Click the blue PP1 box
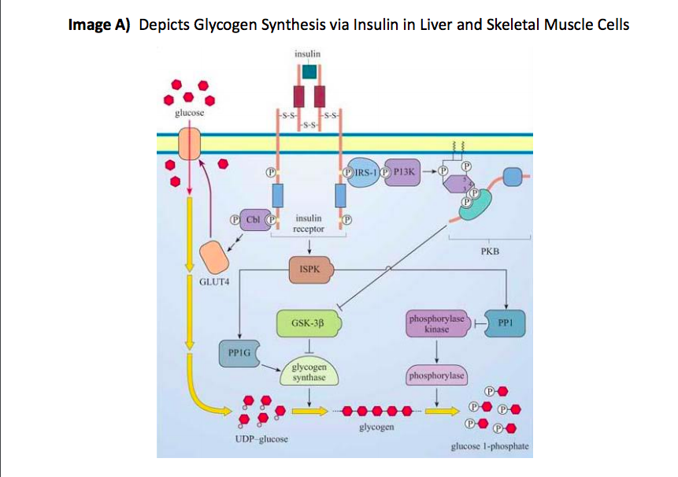coord(505,322)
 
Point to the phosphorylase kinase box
coord(436,323)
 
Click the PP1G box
coord(238,354)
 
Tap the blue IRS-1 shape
coord(364,172)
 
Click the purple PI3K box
coord(402,172)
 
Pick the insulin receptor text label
coord(308,222)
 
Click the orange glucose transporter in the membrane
coord(189,144)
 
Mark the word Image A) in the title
coord(102,24)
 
